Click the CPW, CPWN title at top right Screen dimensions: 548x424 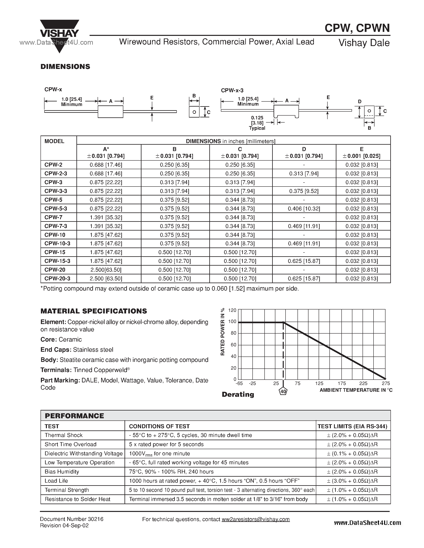pyautogui.click(x=357, y=28)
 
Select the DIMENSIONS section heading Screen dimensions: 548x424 pyautogui.click(x=65, y=67)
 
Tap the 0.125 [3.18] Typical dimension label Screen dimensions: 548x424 pyautogui.click(x=257, y=123)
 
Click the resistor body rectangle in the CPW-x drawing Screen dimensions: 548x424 pyautogui.click(x=110, y=112)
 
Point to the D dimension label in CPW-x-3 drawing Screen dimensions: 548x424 pyautogui.click(x=360, y=102)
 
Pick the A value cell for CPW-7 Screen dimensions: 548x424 pyautogui.click(x=106, y=217)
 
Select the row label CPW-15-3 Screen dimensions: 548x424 pyautogui.click(x=57, y=261)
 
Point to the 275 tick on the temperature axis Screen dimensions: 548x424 pyautogui.click(x=385, y=383)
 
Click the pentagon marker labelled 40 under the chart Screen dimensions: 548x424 pyautogui.click(x=283, y=391)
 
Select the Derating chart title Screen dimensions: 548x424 pyautogui.click(x=238, y=394)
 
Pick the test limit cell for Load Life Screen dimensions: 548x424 pyautogui.click(x=352, y=481)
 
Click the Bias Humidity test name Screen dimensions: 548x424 pyautogui.click(x=62, y=472)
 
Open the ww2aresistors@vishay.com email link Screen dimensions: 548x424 pyautogui.click(x=255, y=519)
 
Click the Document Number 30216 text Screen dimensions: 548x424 pyautogui.click(x=72, y=519)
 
